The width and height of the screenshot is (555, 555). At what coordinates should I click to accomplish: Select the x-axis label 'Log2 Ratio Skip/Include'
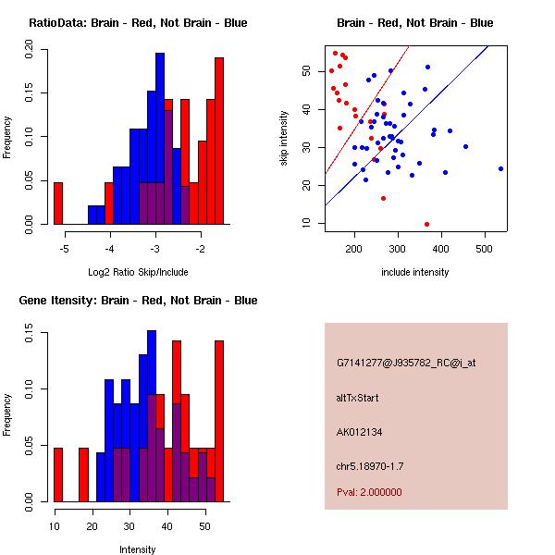coord(138,272)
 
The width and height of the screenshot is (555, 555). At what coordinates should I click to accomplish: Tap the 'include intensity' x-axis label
coord(415,272)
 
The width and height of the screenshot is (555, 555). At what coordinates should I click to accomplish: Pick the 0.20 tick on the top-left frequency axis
coord(30,54)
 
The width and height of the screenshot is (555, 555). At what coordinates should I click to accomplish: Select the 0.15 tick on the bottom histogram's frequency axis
coord(30,337)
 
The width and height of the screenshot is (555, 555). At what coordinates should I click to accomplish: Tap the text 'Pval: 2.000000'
coord(369,492)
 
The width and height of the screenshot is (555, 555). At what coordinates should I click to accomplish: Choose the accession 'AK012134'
coord(360,431)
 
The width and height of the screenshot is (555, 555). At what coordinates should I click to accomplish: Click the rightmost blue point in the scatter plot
coord(500,168)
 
